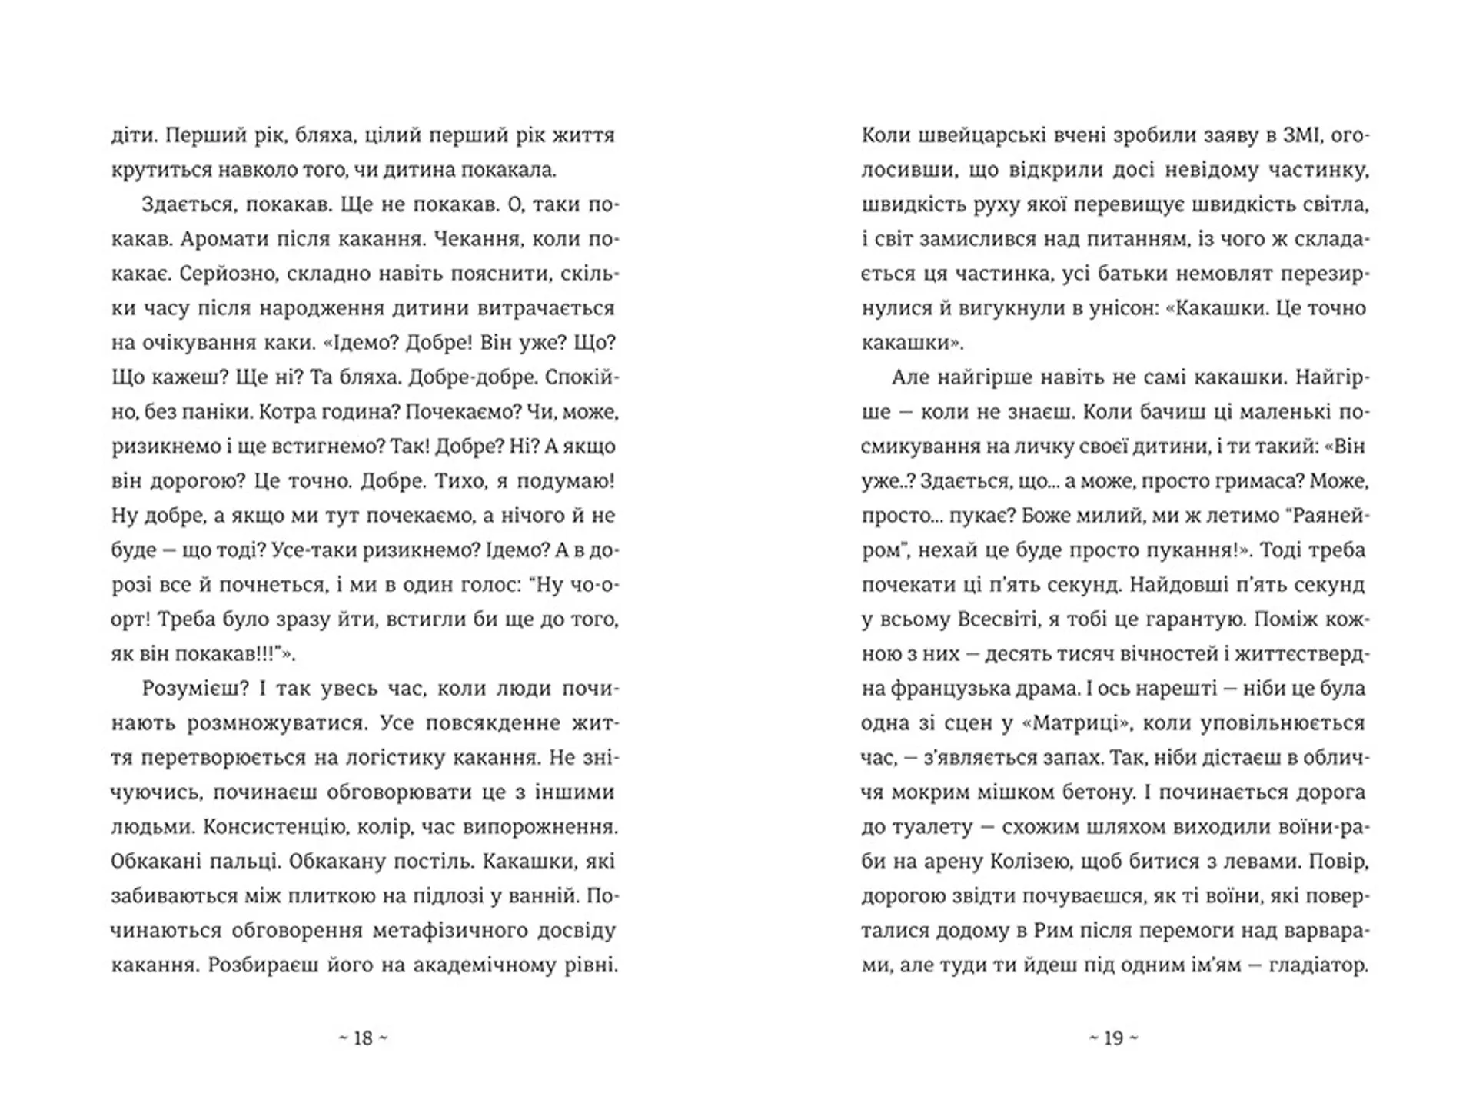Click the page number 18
tap(363, 1038)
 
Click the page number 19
tap(1113, 1038)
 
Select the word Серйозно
tap(201, 274)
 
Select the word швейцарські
tap(977, 135)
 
